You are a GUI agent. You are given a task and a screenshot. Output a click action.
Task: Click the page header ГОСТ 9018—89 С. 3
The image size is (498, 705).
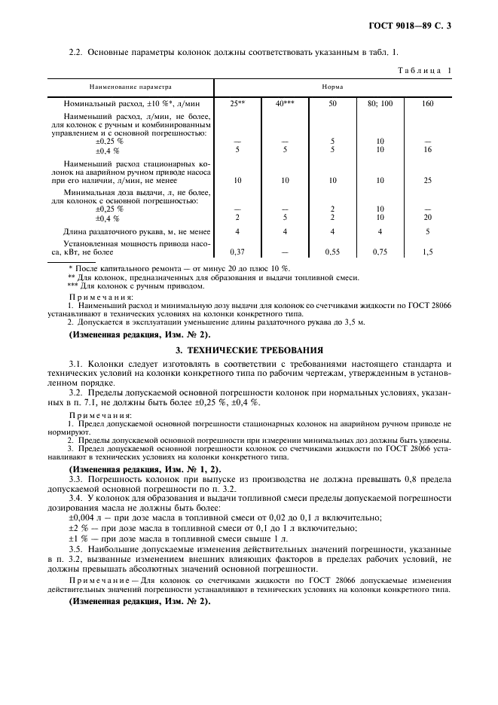(424, 26)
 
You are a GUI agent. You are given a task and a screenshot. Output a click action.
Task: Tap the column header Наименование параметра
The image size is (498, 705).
(127, 87)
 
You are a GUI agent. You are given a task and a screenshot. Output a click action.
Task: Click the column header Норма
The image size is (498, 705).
(332, 87)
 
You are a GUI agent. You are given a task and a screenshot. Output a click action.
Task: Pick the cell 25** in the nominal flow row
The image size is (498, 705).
(237, 103)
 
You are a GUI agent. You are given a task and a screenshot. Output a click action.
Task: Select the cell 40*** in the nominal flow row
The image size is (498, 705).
(284, 103)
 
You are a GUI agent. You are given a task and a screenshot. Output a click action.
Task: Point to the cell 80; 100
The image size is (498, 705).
(380, 103)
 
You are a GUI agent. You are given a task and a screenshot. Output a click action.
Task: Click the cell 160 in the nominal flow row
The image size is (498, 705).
(427, 103)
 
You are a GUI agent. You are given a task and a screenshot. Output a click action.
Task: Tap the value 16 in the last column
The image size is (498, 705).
(427, 150)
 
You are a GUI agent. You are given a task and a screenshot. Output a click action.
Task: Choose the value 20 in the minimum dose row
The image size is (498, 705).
(427, 218)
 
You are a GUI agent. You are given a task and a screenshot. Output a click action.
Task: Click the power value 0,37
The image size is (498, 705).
(237, 252)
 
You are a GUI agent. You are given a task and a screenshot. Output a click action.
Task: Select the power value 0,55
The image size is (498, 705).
(332, 252)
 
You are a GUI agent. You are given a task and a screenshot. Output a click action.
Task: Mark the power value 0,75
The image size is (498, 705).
(380, 252)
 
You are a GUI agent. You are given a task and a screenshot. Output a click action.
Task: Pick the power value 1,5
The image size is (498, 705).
(427, 252)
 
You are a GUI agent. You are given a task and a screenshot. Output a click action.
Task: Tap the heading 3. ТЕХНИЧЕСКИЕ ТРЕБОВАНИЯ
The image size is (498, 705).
(249, 349)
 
